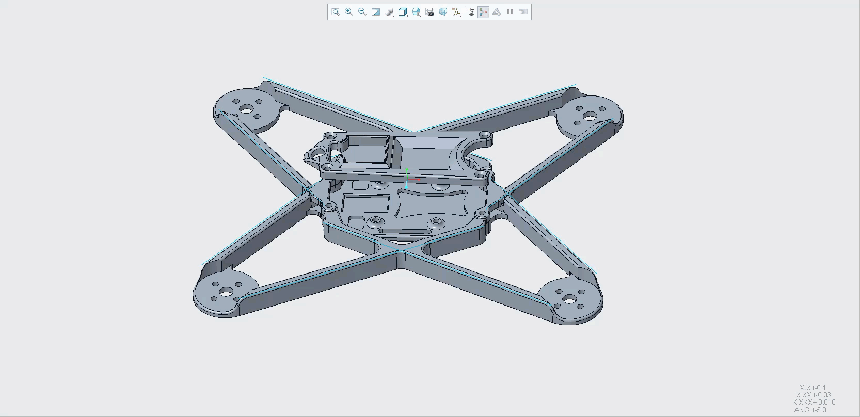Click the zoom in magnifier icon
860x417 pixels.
(x=348, y=12)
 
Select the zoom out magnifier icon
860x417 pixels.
(x=362, y=12)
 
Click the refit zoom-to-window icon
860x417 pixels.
(x=335, y=12)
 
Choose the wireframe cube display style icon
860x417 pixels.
(x=402, y=12)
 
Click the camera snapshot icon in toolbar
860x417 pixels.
(x=429, y=12)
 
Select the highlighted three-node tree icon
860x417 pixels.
(x=483, y=12)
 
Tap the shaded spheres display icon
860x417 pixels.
(x=389, y=12)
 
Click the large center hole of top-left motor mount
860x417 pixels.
(x=246, y=109)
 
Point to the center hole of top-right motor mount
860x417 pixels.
(x=590, y=116)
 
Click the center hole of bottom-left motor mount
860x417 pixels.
(x=227, y=293)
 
